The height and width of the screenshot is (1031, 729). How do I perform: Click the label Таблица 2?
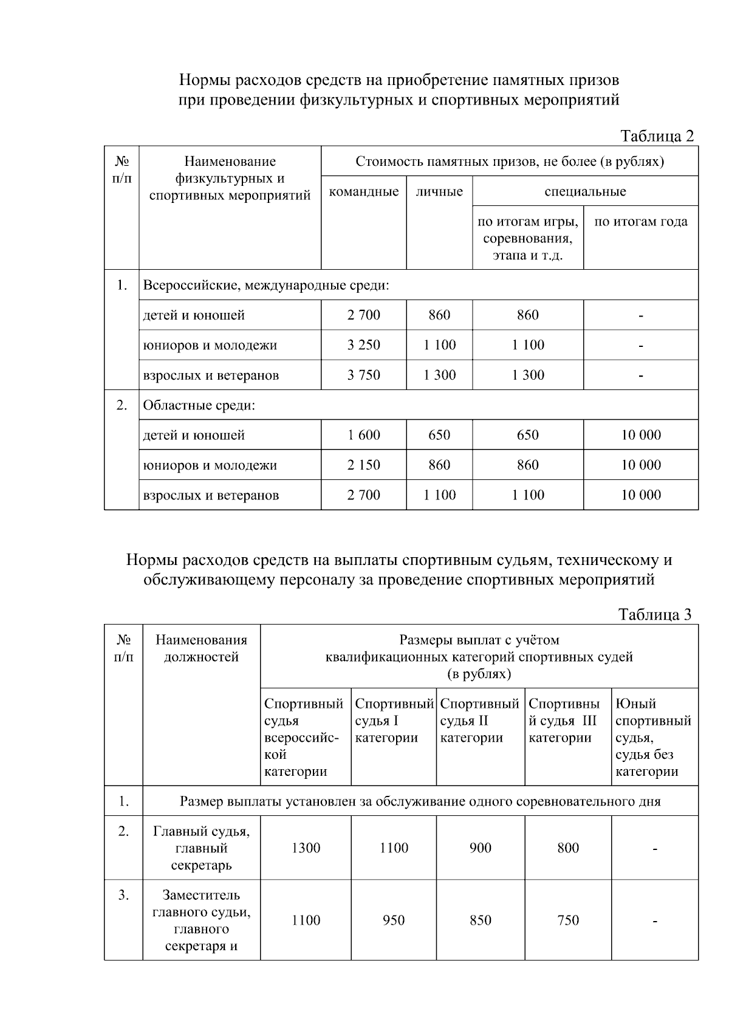657,136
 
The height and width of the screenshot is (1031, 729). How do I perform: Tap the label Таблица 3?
655,614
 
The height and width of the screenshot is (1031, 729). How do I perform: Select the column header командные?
363,192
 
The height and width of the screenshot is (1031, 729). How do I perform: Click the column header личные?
439,192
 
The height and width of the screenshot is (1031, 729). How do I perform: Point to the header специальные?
585,192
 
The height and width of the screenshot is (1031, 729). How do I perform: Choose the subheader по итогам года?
641,222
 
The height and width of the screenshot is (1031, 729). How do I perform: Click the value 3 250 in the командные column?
363,345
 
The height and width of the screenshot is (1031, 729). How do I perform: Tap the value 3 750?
363,375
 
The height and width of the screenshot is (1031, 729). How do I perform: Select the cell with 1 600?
363,435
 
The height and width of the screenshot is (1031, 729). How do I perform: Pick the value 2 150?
363,465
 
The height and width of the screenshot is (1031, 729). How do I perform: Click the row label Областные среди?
199,405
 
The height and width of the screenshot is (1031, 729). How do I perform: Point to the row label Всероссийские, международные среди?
265,285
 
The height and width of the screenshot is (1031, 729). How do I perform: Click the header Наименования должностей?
201,648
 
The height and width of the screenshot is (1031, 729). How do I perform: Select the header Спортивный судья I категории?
393,721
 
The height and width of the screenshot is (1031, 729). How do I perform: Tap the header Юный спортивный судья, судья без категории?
653,738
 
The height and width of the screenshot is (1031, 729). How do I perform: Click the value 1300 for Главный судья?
306,848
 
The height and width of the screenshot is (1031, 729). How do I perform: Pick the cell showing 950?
394,920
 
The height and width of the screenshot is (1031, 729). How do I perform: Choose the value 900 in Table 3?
480,848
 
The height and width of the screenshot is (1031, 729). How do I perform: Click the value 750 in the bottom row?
568,920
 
